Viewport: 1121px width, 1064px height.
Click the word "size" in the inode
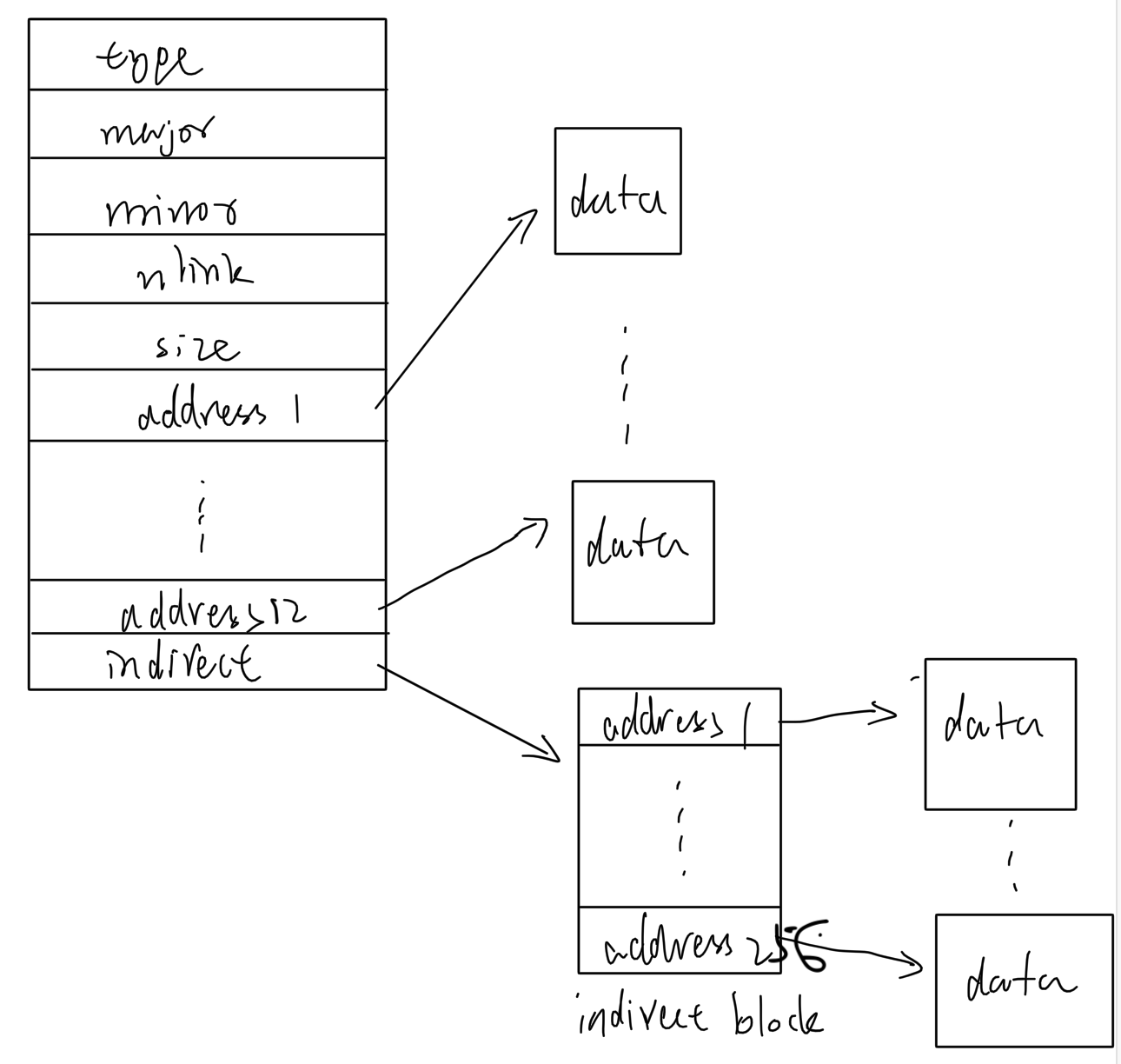pyautogui.click(x=196, y=348)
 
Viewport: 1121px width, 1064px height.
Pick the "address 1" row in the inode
pyautogui.click(x=218, y=412)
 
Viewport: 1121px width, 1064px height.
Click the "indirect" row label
pyautogui.click(x=182, y=664)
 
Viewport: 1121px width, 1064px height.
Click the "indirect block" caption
pyautogui.click(x=700, y=1017)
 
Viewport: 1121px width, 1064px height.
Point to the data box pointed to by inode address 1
pyautogui.click(x=618, y=191)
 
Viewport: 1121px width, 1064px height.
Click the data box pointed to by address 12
pyautogui.click(x=642, y=552)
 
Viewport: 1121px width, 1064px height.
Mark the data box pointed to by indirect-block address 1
pyautogui.click(x=1000, y=734)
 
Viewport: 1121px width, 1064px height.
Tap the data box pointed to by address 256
pyautogui.click(x=1024, y=981)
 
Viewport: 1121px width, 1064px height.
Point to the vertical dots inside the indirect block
pyautogui.click(x=680, y=826)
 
